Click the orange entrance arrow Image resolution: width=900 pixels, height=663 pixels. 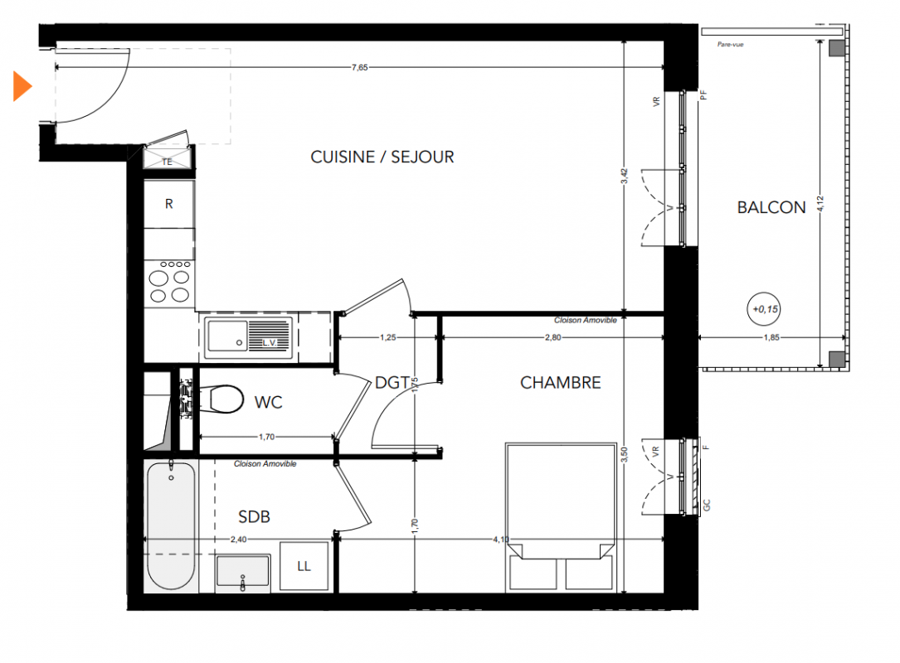(x=22, y=86)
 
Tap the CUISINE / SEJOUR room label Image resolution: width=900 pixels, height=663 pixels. (x=382, y=157)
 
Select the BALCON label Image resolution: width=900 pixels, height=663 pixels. (x=771, y=208)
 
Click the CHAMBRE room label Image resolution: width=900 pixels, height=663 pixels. (x=560, y=383)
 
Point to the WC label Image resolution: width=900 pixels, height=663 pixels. (x=268, y=402)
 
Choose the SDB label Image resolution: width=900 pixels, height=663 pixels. (x=254, y=517)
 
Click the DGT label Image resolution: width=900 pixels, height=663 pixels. (x=392, y=383)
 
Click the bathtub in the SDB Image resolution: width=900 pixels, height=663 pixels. (x=171, y=525)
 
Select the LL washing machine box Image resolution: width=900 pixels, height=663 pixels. (x=304, y=566)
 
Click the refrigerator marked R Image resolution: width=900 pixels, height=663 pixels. (x=168, y=204)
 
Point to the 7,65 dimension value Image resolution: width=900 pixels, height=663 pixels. (x=360, y=68)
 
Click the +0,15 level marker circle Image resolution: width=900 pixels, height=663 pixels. (x=764, y=310)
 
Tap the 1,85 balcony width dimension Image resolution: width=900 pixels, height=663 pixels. (x=771, y=337)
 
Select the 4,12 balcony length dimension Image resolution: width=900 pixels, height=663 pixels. (x=820, y=204)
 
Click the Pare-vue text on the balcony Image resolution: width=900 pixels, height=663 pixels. (x=730, y=45)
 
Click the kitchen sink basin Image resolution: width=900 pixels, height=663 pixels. (x=227, y=336)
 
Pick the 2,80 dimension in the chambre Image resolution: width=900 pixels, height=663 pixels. (x=552, y=337)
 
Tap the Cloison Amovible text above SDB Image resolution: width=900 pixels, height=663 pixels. (x=265, y=463)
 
